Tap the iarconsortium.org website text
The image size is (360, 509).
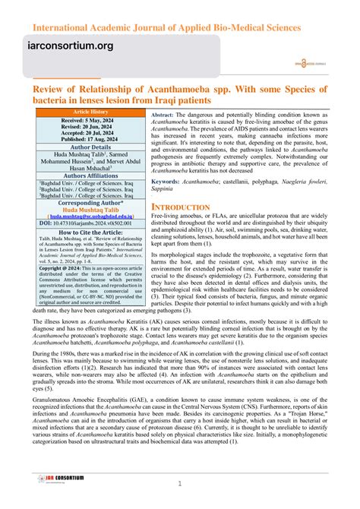[x=71, y=46]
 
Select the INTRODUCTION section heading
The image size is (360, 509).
[x=181, y=207]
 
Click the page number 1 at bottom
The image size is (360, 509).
[x=179, y=485]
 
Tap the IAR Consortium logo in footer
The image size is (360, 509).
[x=51, y=479]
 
